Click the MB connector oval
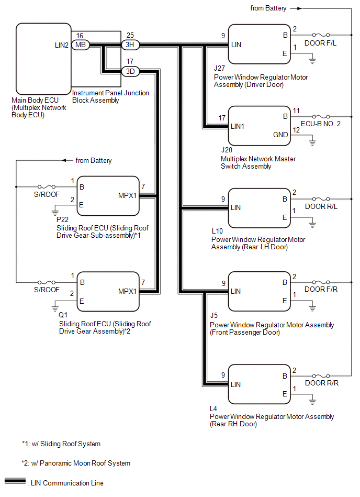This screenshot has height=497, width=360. pyautogui.click(x=80, y=46)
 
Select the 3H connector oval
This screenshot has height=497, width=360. pyautogui.click(x=129, y=46)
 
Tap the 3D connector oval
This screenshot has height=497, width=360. pyautogui.click(x=129, y=71)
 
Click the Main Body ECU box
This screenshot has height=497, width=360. pyautogui.click(x=43, y=58)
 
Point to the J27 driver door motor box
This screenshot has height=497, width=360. pyautogui.click(x=259, y=45)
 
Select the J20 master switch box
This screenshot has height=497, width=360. pyautogui.click(x=259, y=126)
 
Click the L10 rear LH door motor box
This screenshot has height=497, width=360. pyautogui.click(x=259, y=208)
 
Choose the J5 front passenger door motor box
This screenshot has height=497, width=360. pyautogui.click(x=259, y=292)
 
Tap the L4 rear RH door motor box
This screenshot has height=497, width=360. pyautogui.click(x=259, y=384)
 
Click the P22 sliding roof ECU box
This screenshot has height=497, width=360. pyautogui.click(x=108, y=195)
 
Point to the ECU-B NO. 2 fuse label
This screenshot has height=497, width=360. pyautogui.click(x=325, y=125)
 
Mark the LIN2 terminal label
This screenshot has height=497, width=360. pyautogui.click(x=61, y=46)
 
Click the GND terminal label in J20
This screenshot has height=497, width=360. pyautogui.click(x=280, y=135)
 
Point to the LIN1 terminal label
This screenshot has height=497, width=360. pyautogui.click(x=239, y=126)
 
